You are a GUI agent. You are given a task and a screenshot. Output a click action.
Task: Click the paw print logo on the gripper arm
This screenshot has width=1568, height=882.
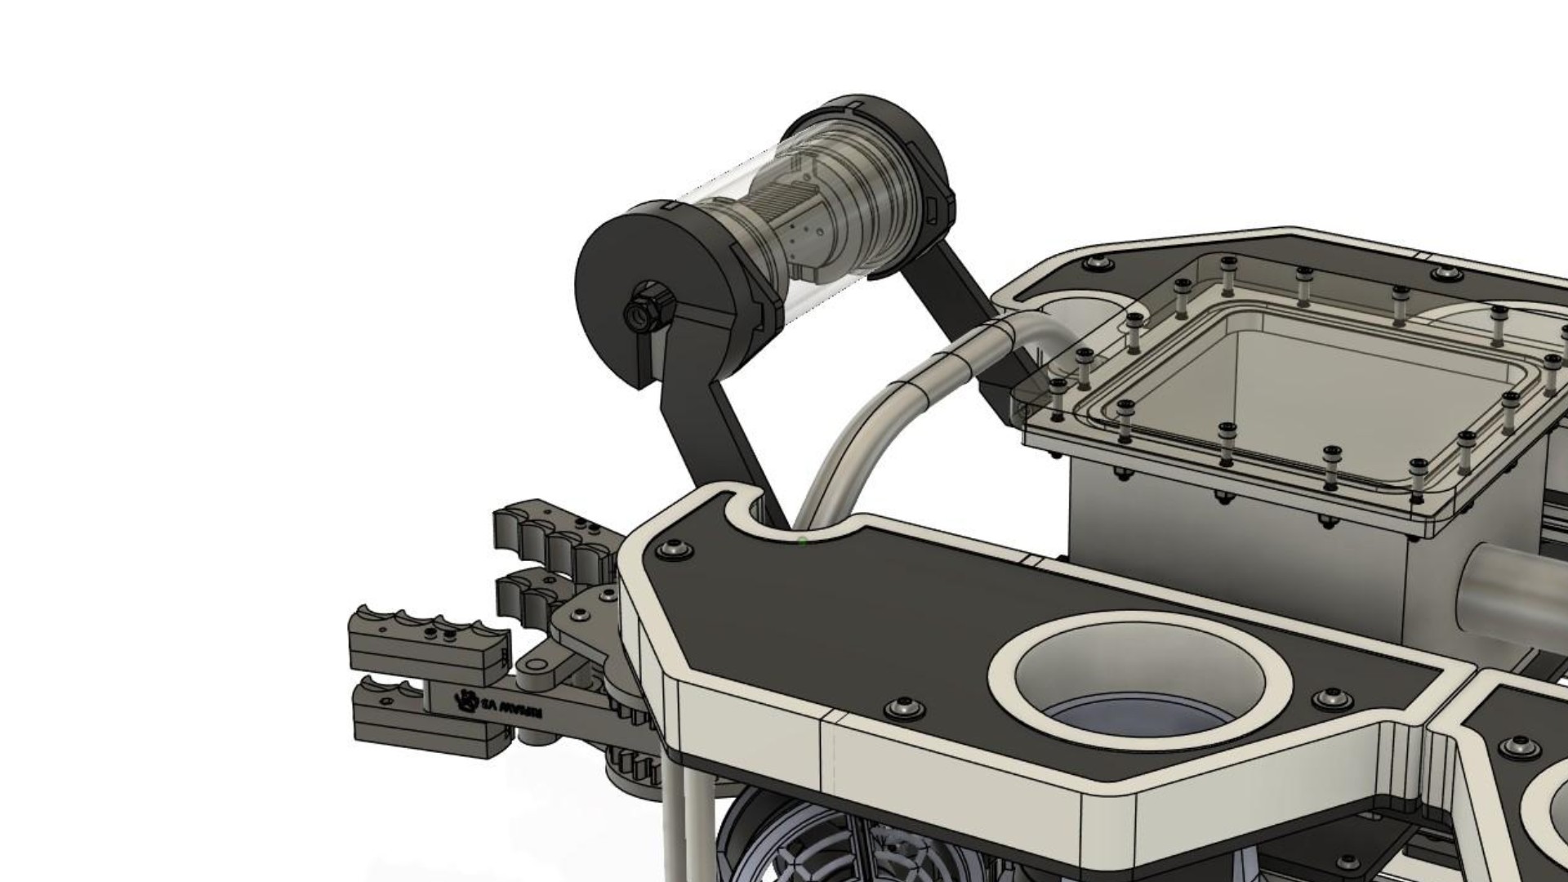click(467, 699)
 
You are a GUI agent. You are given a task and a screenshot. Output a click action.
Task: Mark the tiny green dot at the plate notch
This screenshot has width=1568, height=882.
click(803, 541)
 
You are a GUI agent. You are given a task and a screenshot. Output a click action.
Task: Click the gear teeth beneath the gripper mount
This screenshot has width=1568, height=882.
click(633, 768)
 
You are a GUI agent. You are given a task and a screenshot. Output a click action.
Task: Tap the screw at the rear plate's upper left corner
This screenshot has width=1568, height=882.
click(1099, 264)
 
